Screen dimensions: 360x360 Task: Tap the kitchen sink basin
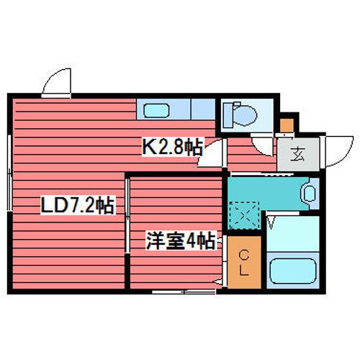[x=156, y=111]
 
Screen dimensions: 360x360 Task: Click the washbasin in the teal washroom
[x=309, y=193]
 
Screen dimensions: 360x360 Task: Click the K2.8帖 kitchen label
[x=171, y=148]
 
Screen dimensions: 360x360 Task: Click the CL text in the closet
[x=244, y=263]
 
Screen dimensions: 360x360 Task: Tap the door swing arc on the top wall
[x=58, y=85]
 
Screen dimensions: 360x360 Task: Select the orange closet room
[x=244, y=263]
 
